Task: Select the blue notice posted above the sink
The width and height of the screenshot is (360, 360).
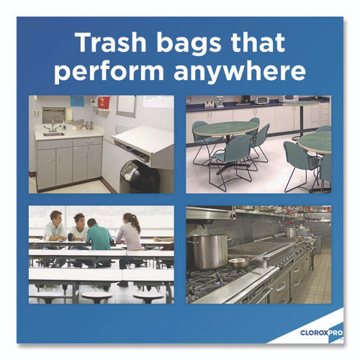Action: tap(77, 100)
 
